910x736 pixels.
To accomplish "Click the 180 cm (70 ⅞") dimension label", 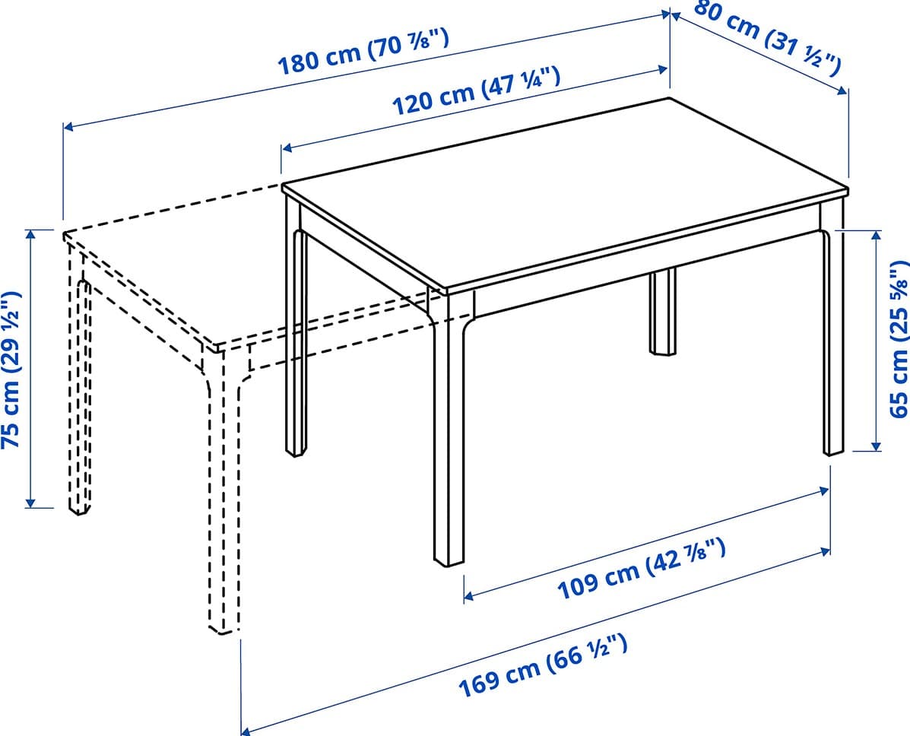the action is [x=363, y=52].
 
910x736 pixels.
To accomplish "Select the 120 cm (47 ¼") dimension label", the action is [x=477, y=90].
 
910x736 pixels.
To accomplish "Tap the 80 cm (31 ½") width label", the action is [x=767, y=37].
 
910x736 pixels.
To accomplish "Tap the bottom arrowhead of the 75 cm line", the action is [x=31, y=503].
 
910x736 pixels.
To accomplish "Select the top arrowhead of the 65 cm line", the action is [x=876, y=235].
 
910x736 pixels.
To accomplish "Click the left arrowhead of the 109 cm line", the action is [x=468, y=596].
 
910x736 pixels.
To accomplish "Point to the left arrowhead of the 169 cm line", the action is [x=246, y=730].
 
